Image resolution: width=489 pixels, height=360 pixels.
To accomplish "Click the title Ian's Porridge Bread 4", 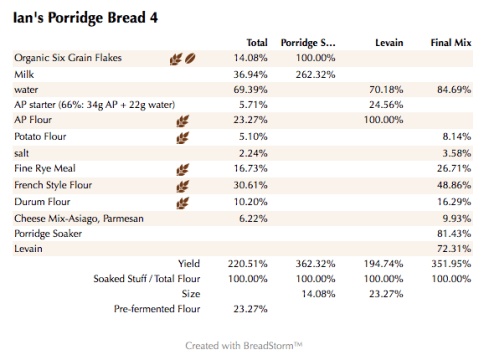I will (x=83, y=18).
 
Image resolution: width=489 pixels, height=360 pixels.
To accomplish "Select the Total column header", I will (x=257, y=43).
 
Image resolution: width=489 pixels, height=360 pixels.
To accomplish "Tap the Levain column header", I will (x=388, y=43).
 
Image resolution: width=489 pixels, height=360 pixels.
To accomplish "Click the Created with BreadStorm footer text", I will (x=244, y=343).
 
